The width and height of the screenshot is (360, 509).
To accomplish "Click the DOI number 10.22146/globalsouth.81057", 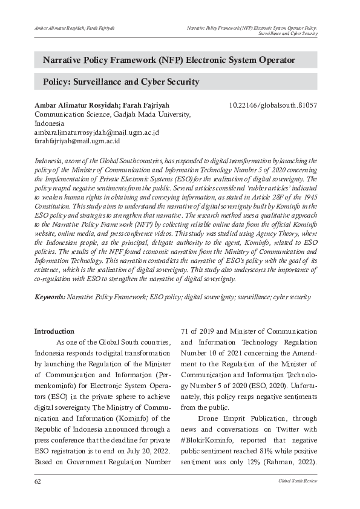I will click(x=273, y=105).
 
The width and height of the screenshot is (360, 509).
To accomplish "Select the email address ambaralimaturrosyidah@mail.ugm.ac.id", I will click(x=96, y=132).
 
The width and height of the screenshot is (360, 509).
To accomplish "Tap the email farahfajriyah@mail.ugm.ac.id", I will click(x=77, y=141).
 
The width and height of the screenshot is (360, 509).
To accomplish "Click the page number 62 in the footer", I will click(x=38, y=480).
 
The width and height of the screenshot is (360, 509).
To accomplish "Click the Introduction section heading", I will click(x=54, y=331).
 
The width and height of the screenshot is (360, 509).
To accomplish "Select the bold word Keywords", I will click(x=50, y=297).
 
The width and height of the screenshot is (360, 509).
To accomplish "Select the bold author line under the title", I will click(x=101, y=105).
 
